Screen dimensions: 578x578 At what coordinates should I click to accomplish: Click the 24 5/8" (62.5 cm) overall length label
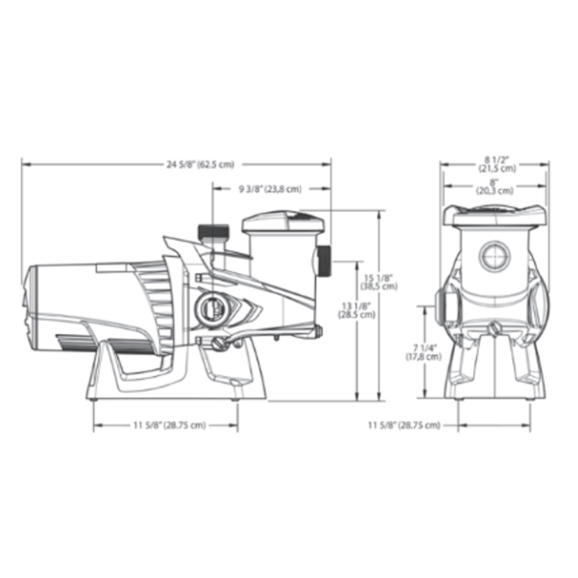(200, 164)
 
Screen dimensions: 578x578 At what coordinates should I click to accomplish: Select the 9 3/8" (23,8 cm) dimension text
(270, 189)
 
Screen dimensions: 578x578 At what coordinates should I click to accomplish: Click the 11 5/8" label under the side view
(170, 425)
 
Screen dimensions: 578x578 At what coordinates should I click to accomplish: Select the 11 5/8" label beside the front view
(404, 425)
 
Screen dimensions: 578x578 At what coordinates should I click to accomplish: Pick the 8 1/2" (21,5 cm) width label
(496, 164)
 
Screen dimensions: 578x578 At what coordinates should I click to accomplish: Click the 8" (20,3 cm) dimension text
(495, 186)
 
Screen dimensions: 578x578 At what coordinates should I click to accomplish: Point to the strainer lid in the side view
(283, 222)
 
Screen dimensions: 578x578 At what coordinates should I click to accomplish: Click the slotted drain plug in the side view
(221, 344)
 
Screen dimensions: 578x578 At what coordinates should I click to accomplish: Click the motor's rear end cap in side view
(30, 302)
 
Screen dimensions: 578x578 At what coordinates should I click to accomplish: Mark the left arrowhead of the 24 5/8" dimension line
(24, 164)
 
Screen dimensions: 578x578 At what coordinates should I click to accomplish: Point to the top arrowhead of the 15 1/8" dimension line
(378, 212)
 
